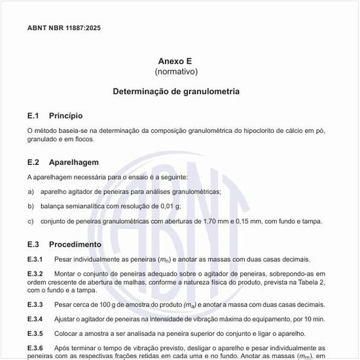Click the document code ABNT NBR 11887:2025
pos(64,28)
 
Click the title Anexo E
pos(176,60)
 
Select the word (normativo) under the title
pos(176,71)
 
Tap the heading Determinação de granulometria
pos(176,92)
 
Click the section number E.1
pos(33,115)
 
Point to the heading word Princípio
pos(65,115)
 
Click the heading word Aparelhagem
pos(73,162)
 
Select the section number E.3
pos(33,244)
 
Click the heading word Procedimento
pos(75,244)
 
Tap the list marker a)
pos(31,191)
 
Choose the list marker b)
pos(31,206)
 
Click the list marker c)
pos(31,221)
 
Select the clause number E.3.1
pos(35,259)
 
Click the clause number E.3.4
pos(35,319)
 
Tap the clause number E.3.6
pos(35,348)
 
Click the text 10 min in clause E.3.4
pos(314,319)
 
